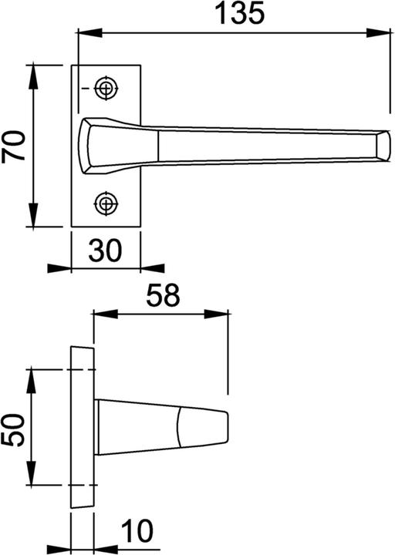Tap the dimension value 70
pos(16,145)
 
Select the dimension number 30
pos(106,251)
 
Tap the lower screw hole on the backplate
pos(106,203)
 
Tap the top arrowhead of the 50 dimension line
pos(32,376)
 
